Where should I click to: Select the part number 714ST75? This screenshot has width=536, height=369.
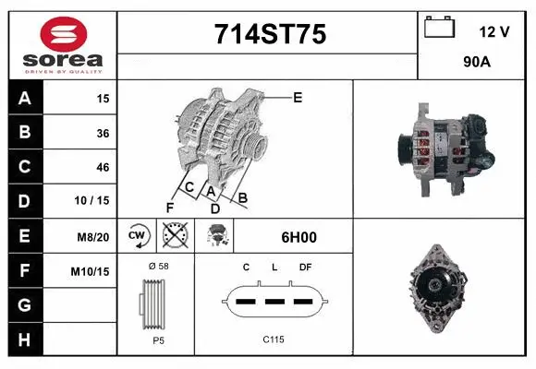(x=269, y=34)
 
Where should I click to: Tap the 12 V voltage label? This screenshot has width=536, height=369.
(x=493, y=31)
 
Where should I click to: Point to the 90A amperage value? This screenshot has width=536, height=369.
(x=477, y=62)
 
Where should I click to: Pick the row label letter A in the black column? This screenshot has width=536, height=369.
(x=25, y=98)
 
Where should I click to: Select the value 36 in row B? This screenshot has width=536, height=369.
(x=103, y=133)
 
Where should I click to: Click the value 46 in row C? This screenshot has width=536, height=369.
(x=103, y=167)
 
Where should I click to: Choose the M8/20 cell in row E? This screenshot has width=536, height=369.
(x=94, y=236)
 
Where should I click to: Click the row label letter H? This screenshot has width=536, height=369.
(x=25, y=339)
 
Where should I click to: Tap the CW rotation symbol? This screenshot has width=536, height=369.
(x=138, y=236)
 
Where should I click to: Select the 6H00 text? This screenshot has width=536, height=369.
(x=298, y=237)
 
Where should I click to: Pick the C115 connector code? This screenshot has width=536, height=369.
(x=273, y=339)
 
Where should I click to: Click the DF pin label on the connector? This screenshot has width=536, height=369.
(x=306, y=267)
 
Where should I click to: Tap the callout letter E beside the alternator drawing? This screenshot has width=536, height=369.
(x=298, y=97)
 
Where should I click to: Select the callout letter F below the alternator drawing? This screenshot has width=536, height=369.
(x=170, y=207)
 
